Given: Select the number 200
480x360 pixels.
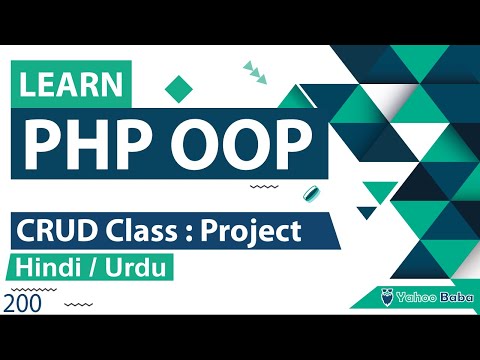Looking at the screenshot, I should coord(22,303).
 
